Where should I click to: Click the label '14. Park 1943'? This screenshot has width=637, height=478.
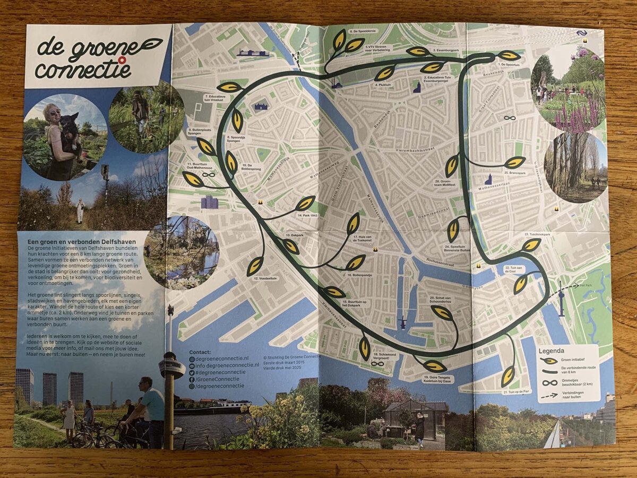[307, 216]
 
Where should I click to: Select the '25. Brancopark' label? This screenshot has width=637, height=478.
[513, 173]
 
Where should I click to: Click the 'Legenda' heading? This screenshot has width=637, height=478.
[552, 351]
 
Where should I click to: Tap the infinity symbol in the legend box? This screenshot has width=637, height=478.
[549, 382]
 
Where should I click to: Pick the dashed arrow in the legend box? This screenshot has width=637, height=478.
[549, 395]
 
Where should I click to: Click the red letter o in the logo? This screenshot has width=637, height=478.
[122, 60]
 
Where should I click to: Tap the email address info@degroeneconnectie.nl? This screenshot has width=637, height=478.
[225, 365]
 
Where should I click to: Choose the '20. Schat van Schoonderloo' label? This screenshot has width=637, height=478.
[438, 301]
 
